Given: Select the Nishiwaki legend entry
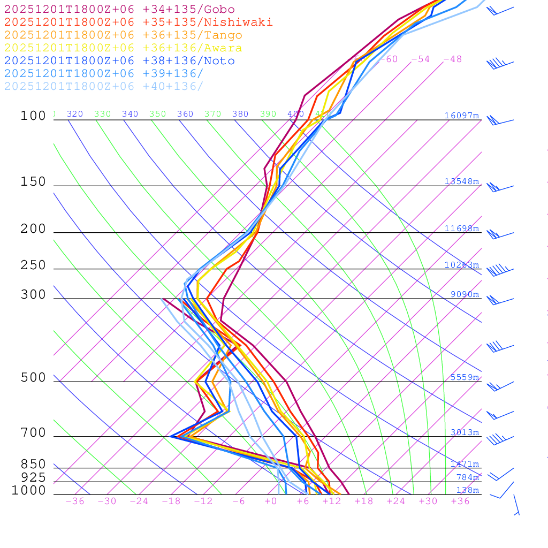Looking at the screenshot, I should click(138, 22).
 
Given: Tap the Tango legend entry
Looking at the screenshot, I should click(123, 35).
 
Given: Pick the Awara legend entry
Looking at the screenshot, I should click(123, 48).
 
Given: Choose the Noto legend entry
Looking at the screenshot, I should click(119, 61).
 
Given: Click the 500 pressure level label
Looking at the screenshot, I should click(33, 378).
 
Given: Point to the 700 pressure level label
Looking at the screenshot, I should click(33, 433).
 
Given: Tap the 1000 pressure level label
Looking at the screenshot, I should click(29, 490).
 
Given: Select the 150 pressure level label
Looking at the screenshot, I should click(33, 182).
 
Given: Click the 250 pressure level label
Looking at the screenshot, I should click(33, 265).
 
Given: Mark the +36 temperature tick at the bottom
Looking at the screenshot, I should click(460, 501).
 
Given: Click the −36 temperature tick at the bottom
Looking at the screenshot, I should click(75, 501).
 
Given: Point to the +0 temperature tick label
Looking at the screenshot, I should click(271, 501).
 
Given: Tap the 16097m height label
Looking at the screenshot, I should click(462, 116).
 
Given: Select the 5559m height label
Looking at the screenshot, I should click(465, 377).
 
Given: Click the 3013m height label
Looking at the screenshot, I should click(465, 432).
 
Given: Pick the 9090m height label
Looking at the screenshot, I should click(465, 294).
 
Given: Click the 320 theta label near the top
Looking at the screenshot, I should click(75, 114).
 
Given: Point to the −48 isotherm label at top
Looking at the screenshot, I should click(452, 59).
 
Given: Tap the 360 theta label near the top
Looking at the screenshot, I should click(185, 114).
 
